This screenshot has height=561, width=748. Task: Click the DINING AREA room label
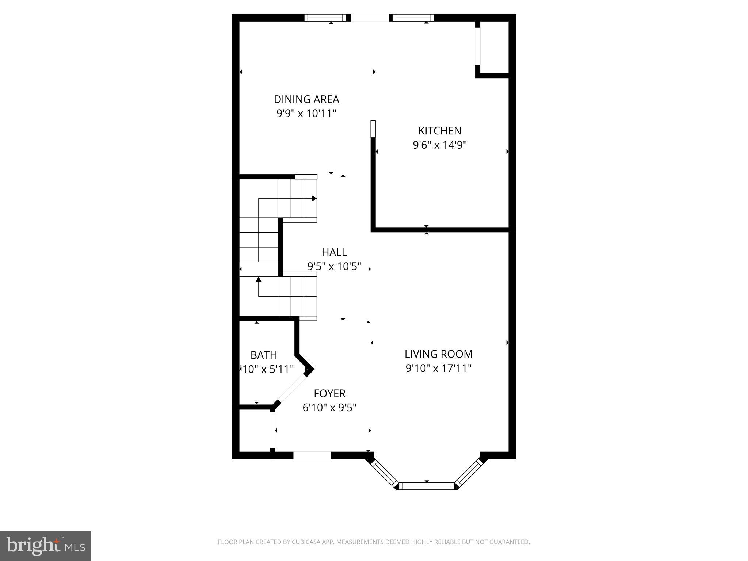tap(306, 99)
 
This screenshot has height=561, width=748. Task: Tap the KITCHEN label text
tap(439, 131)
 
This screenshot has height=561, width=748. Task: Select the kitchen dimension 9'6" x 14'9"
tap(440, 145)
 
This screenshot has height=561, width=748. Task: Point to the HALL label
tap(334, 252)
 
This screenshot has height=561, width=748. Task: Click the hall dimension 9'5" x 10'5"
tap(334, 266)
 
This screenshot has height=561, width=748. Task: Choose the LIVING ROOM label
tap(438, 354)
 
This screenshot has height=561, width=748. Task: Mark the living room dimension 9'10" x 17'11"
tap(438, 368)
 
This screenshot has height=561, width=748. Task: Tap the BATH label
tap(264, 355)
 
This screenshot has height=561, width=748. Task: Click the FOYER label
tap(329, 393)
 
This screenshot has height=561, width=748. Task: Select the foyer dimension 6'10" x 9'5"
tap(329, 407)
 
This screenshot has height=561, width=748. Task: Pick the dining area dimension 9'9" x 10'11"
tap(306, 114)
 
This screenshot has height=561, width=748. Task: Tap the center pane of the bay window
tap(427, 486)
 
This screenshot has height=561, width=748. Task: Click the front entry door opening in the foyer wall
tap(312, 455)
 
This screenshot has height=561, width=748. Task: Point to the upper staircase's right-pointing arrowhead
tap(314, 198)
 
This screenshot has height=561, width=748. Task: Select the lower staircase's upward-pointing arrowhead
tap(259, 280)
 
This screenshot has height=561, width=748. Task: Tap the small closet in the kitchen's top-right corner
tap(494, 47)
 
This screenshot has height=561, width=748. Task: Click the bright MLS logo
tap(46, 546)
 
